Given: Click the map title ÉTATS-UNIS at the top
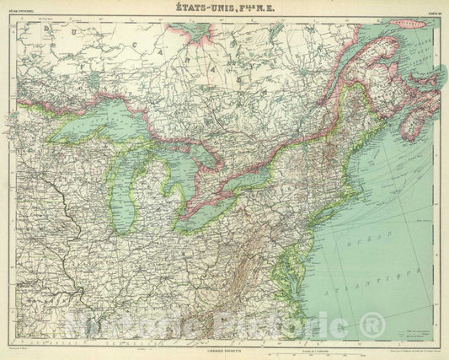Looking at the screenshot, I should click(x=225, y=9).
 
